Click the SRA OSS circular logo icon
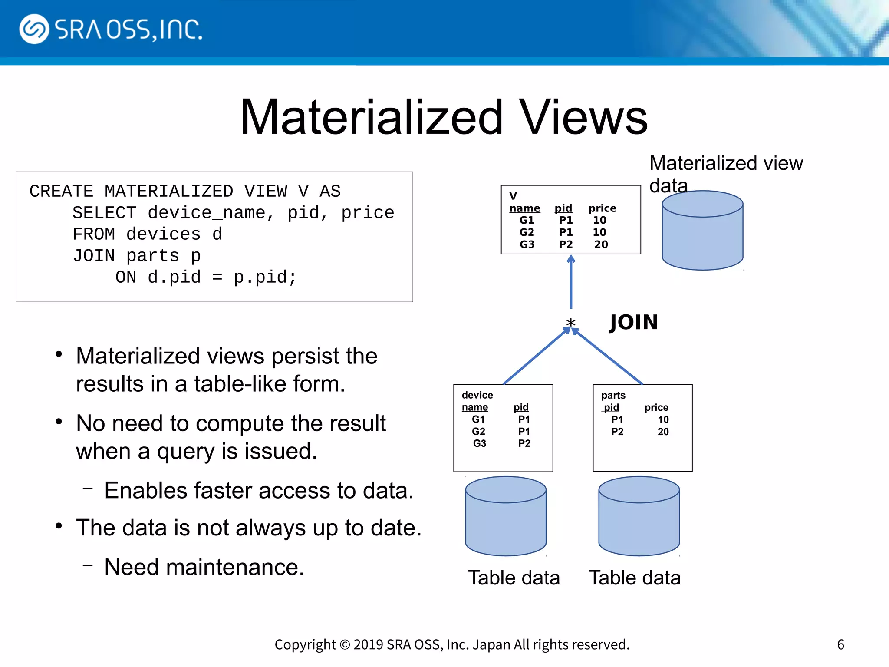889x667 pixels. point(34,29)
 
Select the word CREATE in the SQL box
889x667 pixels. point(61,192)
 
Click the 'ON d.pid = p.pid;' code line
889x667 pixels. point(206,277)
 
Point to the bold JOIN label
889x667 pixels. point(633,322)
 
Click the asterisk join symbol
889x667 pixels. point(570,323)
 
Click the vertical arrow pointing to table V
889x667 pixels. point(571,282)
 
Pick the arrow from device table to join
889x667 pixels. point(536,357)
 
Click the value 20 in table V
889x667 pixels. point(601,244)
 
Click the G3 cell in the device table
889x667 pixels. point(479,443)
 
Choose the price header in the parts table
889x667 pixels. point(656,407)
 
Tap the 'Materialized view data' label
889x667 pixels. point(725,174)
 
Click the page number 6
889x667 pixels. point(840,644)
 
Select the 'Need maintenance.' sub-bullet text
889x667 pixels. point(204,567)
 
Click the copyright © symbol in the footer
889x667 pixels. point(345,645)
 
